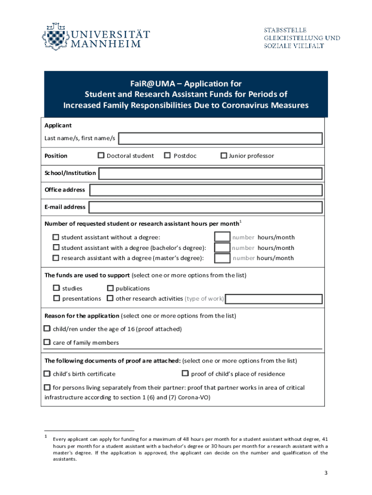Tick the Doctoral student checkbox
(x=101, y=156)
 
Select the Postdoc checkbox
(x=167, y=156)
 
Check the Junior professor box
(x=224, y=156)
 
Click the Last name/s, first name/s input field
(x=220, y=139)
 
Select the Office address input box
(x=206, y=190)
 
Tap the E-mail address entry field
(x=206, y=207)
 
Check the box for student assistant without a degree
(x=56, y=237)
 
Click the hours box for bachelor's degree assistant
(x=222, y=247)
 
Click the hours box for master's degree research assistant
(x=222, y=258)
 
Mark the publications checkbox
(x=110, y=289)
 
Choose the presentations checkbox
(x=57, y=299)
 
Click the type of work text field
(x=273, y=299)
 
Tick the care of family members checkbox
(x=47, y=342)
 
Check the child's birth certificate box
(x=47, y=374)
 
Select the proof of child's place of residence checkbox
(x=185, y=373)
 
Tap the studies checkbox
(x=57, y=289)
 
